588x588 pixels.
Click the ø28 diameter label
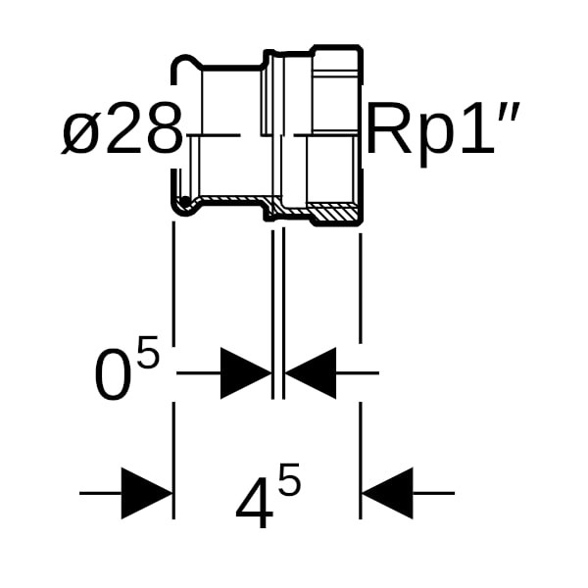click(x=122, y=133)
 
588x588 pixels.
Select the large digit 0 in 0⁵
click(x=113, y=375)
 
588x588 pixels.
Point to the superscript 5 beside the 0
click(x=147, y=353)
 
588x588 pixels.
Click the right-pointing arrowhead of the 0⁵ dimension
click(x=245, y=372)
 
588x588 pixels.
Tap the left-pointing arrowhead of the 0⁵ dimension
click(x=311, y=372)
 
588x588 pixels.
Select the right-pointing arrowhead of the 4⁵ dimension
click(x=147, y=493)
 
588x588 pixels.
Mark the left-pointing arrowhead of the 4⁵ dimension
click(x=387, y=493)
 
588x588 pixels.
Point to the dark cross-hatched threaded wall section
click(x=333, y=212)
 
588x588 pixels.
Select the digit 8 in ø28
click(x=163, y=133)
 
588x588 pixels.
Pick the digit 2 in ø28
click(x=123, y=133)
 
